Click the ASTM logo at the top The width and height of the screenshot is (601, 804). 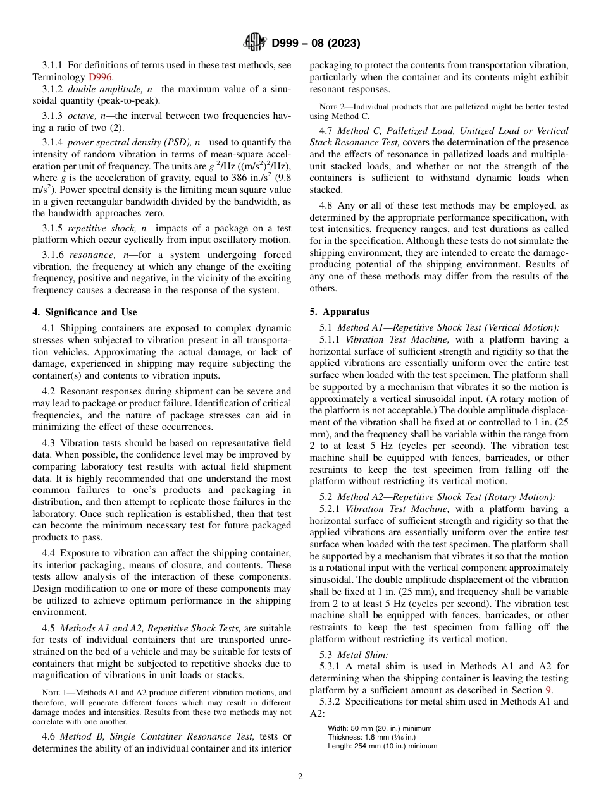pyautogui.click(x=255, y=43)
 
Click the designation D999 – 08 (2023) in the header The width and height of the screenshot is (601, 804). pyautogui.click(x=316, y=43)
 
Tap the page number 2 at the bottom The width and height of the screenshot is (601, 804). pyautogui.click(x=300, y=777)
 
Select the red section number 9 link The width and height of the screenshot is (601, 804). pyautogui.click(x=548, y=690)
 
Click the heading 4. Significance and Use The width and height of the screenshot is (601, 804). pyautogui.click(x=85, y=312)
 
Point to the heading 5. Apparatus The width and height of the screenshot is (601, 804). pyautogui.click(x=339, y=312)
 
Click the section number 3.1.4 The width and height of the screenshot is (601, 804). pyautogui.click(x=54, y=142)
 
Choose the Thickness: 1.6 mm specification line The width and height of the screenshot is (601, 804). pyautogui.click(x=372, y=737)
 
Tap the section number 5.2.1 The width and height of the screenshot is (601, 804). pyautogui.click(x=331, y=509)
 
